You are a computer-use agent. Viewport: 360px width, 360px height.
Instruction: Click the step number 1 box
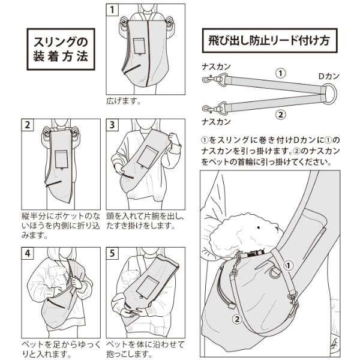pos(112,11)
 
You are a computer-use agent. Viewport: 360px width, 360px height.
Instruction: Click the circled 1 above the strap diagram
pos(279,72)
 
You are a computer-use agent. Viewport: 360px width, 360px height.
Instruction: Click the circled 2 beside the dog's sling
pos(237,319)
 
